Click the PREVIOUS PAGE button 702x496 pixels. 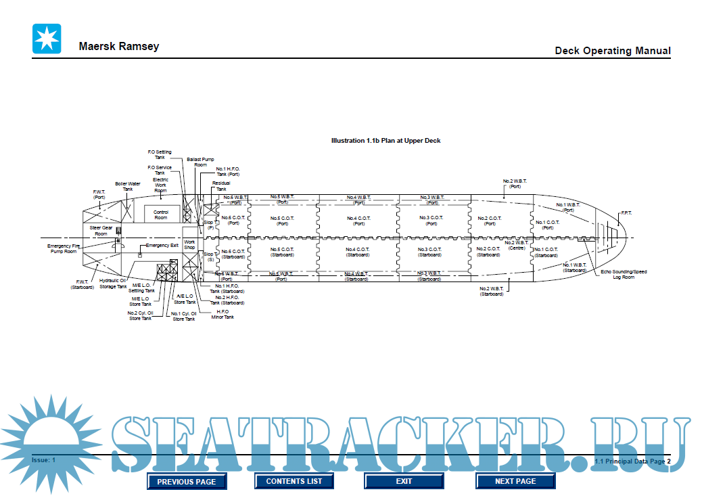pyautogui.click(x=187, y=482)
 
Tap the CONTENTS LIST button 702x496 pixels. pyautogui.click(x=294, y=481)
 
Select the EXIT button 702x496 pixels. pyautogui.click(x=404, y=481)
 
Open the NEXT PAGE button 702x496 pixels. pyautogui.click(x=515, y=481)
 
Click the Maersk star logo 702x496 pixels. pyautogui.click(x=47, y=39)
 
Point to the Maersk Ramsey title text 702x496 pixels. pyautogui.click(x=119, y=47)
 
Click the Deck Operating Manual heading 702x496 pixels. pyautogui.click(x=613, y=51)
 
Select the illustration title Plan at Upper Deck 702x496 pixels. pyautogui.click(x=385, y=141)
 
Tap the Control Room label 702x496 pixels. pyautogui.click(x=161, y=215)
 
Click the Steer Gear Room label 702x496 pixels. pyautogui.click(x=101, y=231)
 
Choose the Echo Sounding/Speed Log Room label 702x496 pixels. pyautogui.click(x=624, y=274)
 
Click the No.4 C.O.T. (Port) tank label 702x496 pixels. pyautogui.click(x=358, y=221)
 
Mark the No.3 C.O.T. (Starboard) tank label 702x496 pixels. pyautogui.click(x=429, y=252)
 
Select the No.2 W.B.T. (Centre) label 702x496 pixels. pyautogui.click(x=517, y=245)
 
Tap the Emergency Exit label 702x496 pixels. pyautogui.click(x=162, y=246)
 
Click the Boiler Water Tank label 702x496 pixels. pyautogui.click(x=127, y=186)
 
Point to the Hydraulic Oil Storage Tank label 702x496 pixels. pyautogui.click(x=113, y=283)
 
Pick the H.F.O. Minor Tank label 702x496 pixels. pyautogui.click(x=223, y=314)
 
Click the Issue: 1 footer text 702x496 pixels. pyautogui.click(x=43, y=460)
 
